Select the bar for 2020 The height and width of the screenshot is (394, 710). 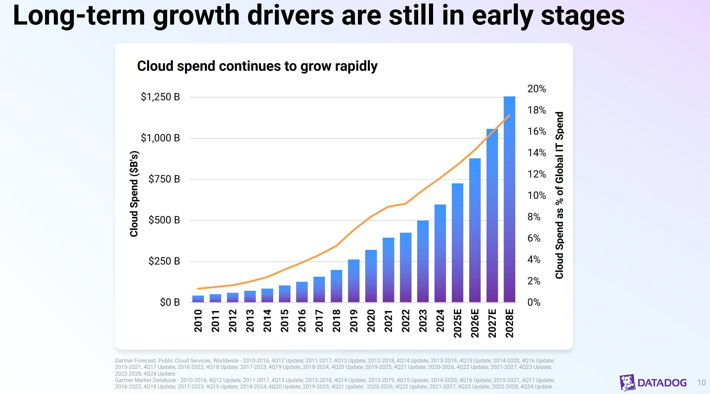[x=371, y=276]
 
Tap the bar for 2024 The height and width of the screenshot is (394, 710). [x=440, y=253]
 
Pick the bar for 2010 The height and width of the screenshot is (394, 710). [x=198, y=299]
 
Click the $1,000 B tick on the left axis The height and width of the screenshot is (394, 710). [x=160, y=138]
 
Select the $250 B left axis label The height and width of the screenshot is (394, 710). [x=164, y=261]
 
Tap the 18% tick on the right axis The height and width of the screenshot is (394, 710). [x=536, y=110]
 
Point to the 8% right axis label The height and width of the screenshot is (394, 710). [x=534, y=217]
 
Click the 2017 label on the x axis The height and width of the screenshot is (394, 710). [x=319, y=321]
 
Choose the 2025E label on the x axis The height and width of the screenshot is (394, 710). [x=457, y=323]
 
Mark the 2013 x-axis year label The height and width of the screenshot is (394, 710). [x=250, y=321]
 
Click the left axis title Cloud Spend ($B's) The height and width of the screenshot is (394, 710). [x=134, y=194]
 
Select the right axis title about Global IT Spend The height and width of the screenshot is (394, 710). [x=559, y=195]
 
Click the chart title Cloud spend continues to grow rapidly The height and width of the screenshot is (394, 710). [x=257, y=66]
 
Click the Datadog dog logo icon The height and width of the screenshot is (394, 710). [x=627, y=382]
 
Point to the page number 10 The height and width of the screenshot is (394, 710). [x=701, y=383]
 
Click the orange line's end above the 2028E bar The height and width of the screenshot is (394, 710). [x=509, y=115]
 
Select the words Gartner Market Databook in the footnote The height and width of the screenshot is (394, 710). [x=145, y=380]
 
